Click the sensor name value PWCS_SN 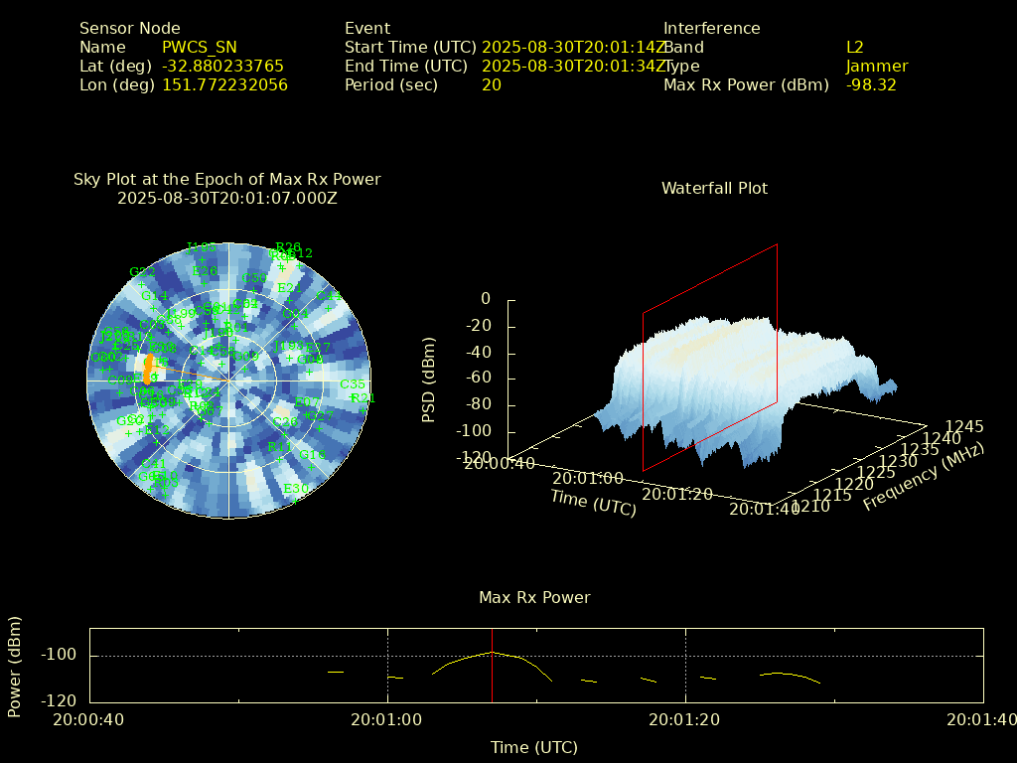199,48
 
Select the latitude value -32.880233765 222,67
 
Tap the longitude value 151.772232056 224,85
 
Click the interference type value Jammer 876,67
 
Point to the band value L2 854,48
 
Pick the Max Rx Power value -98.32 871,85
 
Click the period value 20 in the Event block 491,85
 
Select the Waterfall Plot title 714,189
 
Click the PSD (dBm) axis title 429,379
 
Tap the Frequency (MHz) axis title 923,477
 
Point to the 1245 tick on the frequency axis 964,427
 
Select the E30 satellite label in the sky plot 295,489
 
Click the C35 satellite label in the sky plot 352,384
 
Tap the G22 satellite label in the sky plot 142,272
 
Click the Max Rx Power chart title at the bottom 534,598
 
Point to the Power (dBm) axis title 15,667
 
